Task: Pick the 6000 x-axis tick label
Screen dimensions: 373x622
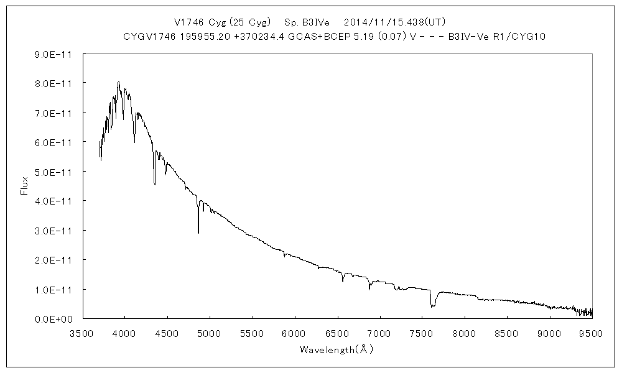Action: click(294, 333)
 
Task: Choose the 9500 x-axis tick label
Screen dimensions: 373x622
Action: click(591, 333)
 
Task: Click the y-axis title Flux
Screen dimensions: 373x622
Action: click(25, 186)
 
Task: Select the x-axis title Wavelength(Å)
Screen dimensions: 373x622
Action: click(336, 349)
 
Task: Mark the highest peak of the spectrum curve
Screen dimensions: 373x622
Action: click(118, 82)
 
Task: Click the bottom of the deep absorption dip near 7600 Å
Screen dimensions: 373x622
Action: click(432, 306)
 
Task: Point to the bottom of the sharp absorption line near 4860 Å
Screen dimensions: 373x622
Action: click(198, 233)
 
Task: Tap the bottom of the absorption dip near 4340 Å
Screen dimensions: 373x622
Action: click(154, 184)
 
